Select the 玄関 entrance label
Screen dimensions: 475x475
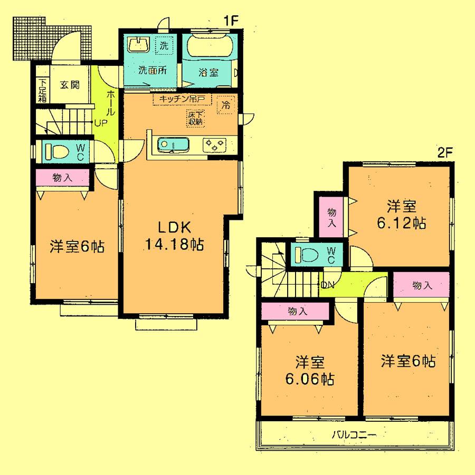coord(69,84)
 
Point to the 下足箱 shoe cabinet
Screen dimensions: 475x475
coord(42,90)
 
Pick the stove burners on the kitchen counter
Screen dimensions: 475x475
coord(214,144)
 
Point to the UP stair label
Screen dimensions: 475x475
coord(100,123)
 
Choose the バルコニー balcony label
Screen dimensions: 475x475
coord(354,435)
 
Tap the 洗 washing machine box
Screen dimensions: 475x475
coord(165,46)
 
